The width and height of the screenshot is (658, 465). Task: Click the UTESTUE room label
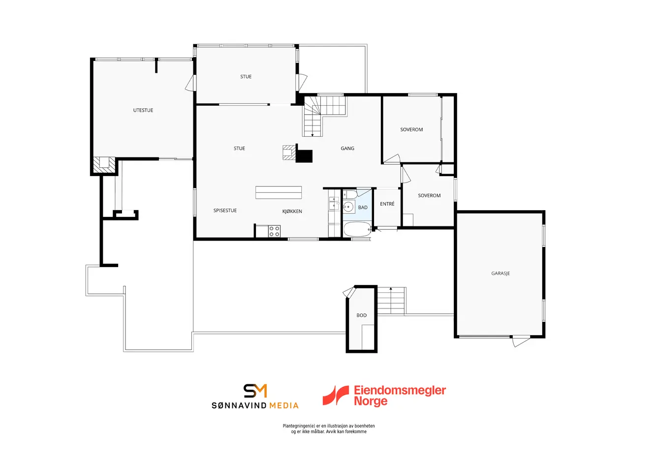click(x=143, y=110)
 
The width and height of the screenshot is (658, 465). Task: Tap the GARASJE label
click(x=501, y=274)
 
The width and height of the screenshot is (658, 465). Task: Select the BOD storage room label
click(x=361, y=315)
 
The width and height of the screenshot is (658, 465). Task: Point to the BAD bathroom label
click(x=363, y=208)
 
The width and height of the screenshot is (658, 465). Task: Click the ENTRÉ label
click(x=387, y=204)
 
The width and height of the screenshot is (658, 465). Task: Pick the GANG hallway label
click(x=347, y=149)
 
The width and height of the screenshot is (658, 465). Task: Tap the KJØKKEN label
click(x=292, y=212)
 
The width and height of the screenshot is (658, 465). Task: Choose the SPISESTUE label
click(x=225, y=211)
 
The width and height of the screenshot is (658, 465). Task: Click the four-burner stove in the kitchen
click(x=274, y=231)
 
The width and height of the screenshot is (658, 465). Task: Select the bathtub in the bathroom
click(x=357, y=229)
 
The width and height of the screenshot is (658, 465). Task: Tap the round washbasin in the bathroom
click(x=348, y=207)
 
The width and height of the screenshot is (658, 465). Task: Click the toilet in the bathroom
click(x=350, y=194)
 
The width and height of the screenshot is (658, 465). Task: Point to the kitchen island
click(x=279, y=193)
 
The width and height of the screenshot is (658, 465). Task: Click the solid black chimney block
click(x=304, y=155)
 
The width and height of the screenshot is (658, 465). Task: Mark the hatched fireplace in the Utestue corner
click(x=104, y=165)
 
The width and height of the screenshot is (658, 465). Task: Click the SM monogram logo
click(x=255, y=391)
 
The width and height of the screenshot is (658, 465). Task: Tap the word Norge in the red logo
click(x=371, y=402)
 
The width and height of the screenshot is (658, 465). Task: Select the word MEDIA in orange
click(x=284, y=406)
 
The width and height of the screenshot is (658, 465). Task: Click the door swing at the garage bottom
click(x=521, y=341)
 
